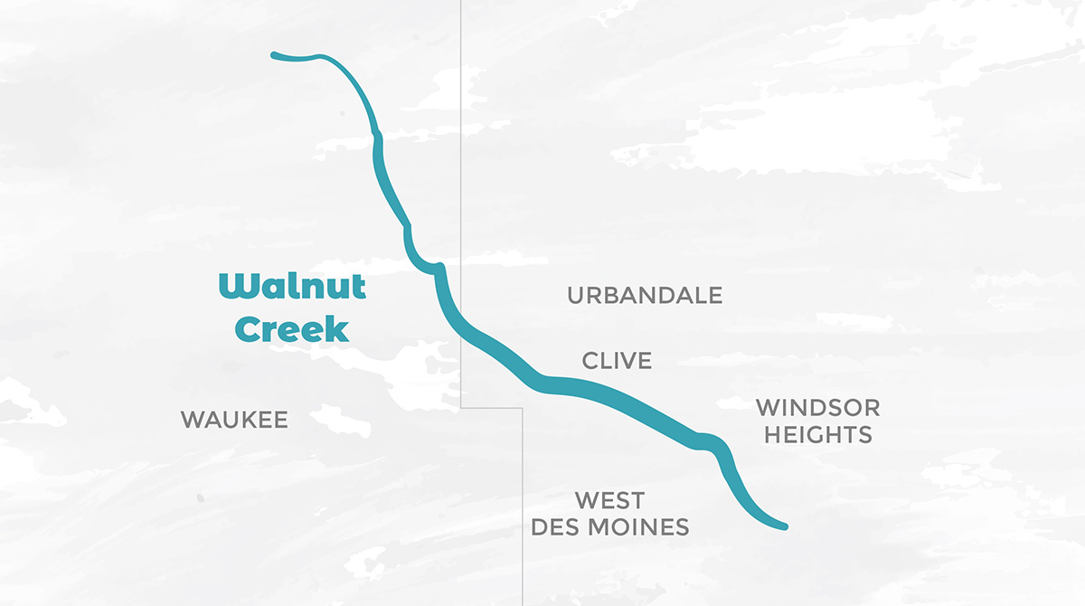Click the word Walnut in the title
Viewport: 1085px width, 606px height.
292,287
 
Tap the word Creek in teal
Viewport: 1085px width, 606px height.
291,329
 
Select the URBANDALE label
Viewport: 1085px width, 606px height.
645,295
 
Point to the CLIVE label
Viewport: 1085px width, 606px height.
617,361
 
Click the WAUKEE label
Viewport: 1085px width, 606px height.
234,420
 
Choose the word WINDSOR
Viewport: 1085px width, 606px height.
817,408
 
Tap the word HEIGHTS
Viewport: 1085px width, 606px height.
817,435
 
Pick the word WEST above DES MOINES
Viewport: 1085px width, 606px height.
610,500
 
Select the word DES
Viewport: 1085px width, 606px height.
555,527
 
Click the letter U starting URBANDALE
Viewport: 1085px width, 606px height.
576,295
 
